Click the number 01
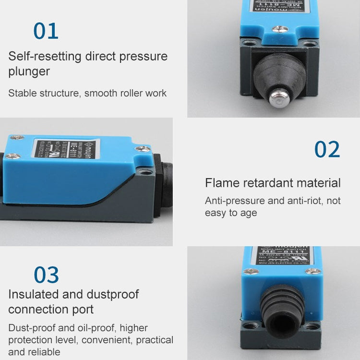click(46, 31)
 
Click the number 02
click(327, 149)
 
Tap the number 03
click(46, 275)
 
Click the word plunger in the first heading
click(29, 72)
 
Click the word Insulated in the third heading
click(32, 294)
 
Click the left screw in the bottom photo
click(252, 271)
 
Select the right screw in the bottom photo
click(315, 272)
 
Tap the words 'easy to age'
click(231, 213)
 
